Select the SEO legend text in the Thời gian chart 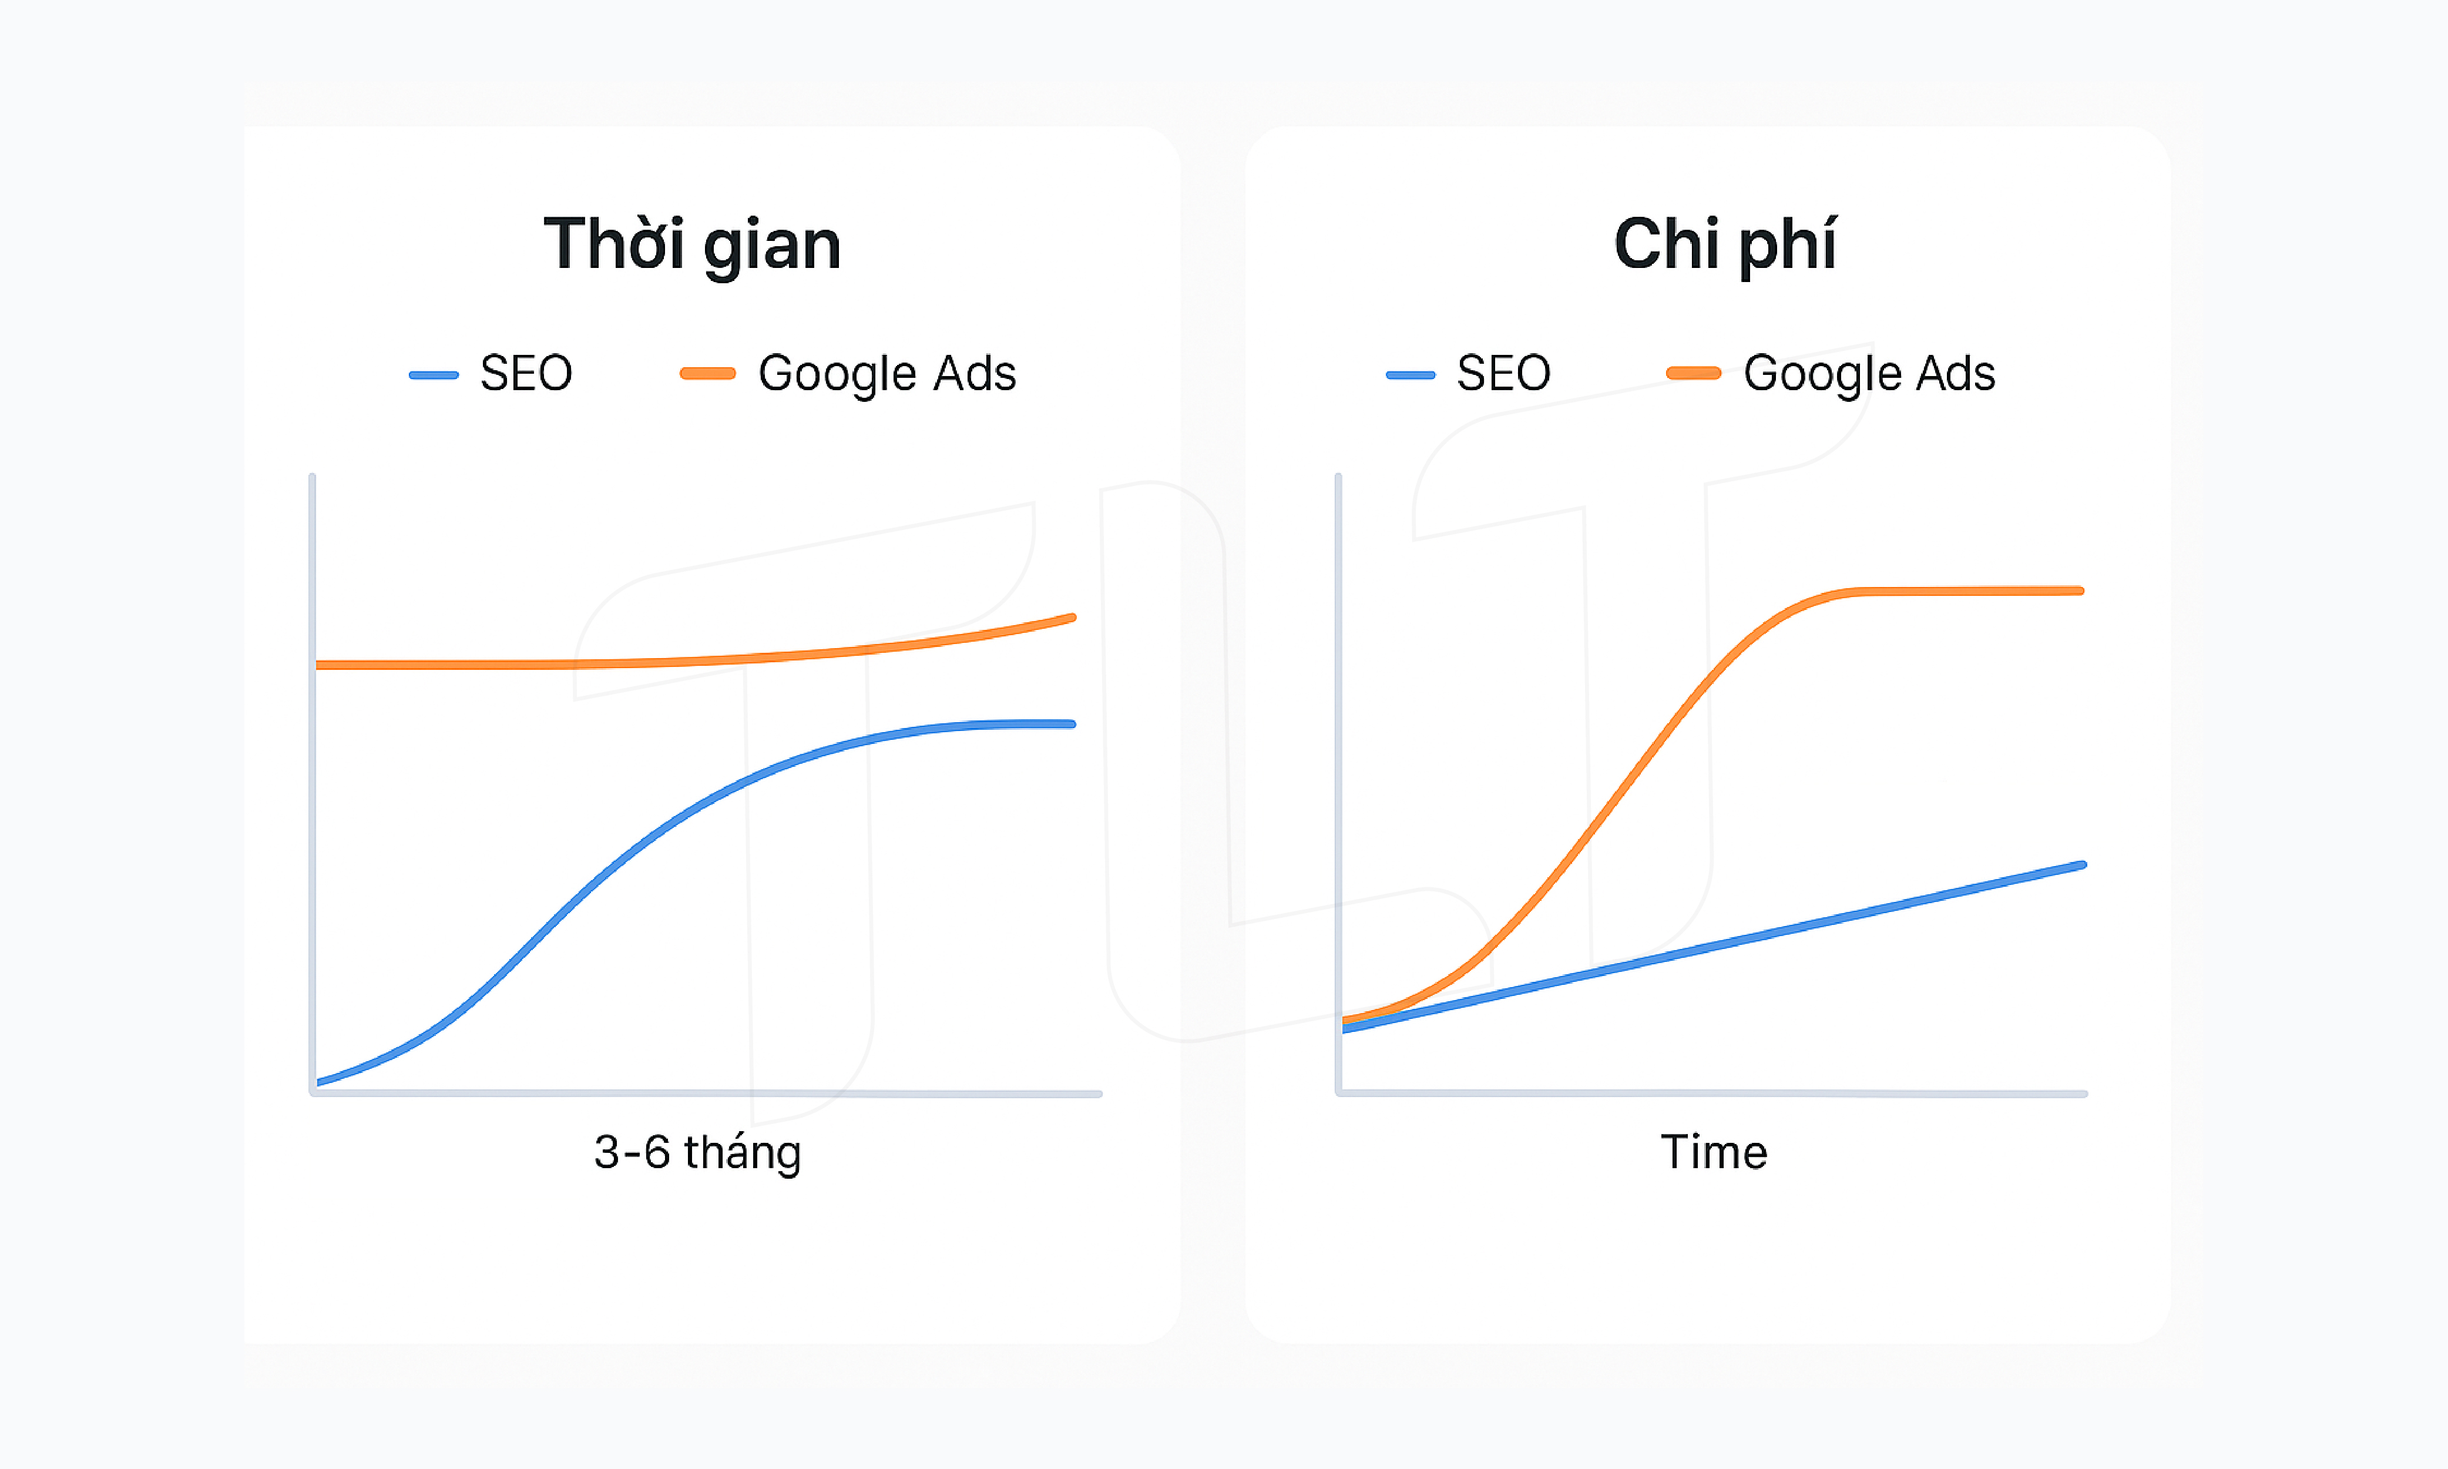coord(526,373)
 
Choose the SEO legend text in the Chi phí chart coord(1503,373)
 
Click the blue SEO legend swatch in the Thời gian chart coord(434,375)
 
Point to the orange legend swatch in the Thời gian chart coord(707,373)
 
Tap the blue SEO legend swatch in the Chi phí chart coord(1410,375)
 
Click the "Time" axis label coord(1714,1152)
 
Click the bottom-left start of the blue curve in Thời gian coord(318,1082)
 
